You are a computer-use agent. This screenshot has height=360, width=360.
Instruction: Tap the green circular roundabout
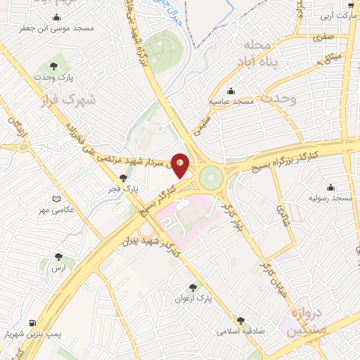point(210,178)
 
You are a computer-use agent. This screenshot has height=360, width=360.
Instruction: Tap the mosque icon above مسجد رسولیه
point(330,187)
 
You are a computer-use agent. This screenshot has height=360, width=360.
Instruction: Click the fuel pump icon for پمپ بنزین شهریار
point(32,324)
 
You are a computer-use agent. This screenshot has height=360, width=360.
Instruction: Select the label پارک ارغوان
point(194,298)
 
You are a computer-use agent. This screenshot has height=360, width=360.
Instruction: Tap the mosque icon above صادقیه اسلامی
point(241,319)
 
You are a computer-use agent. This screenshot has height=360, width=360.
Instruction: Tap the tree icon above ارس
point(58,257)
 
